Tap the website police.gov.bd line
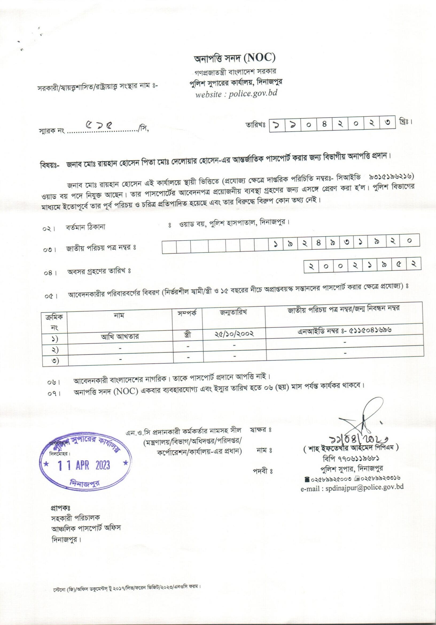236,93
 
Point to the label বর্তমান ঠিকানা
85,227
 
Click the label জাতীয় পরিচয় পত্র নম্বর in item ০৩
100,248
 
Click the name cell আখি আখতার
120,337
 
